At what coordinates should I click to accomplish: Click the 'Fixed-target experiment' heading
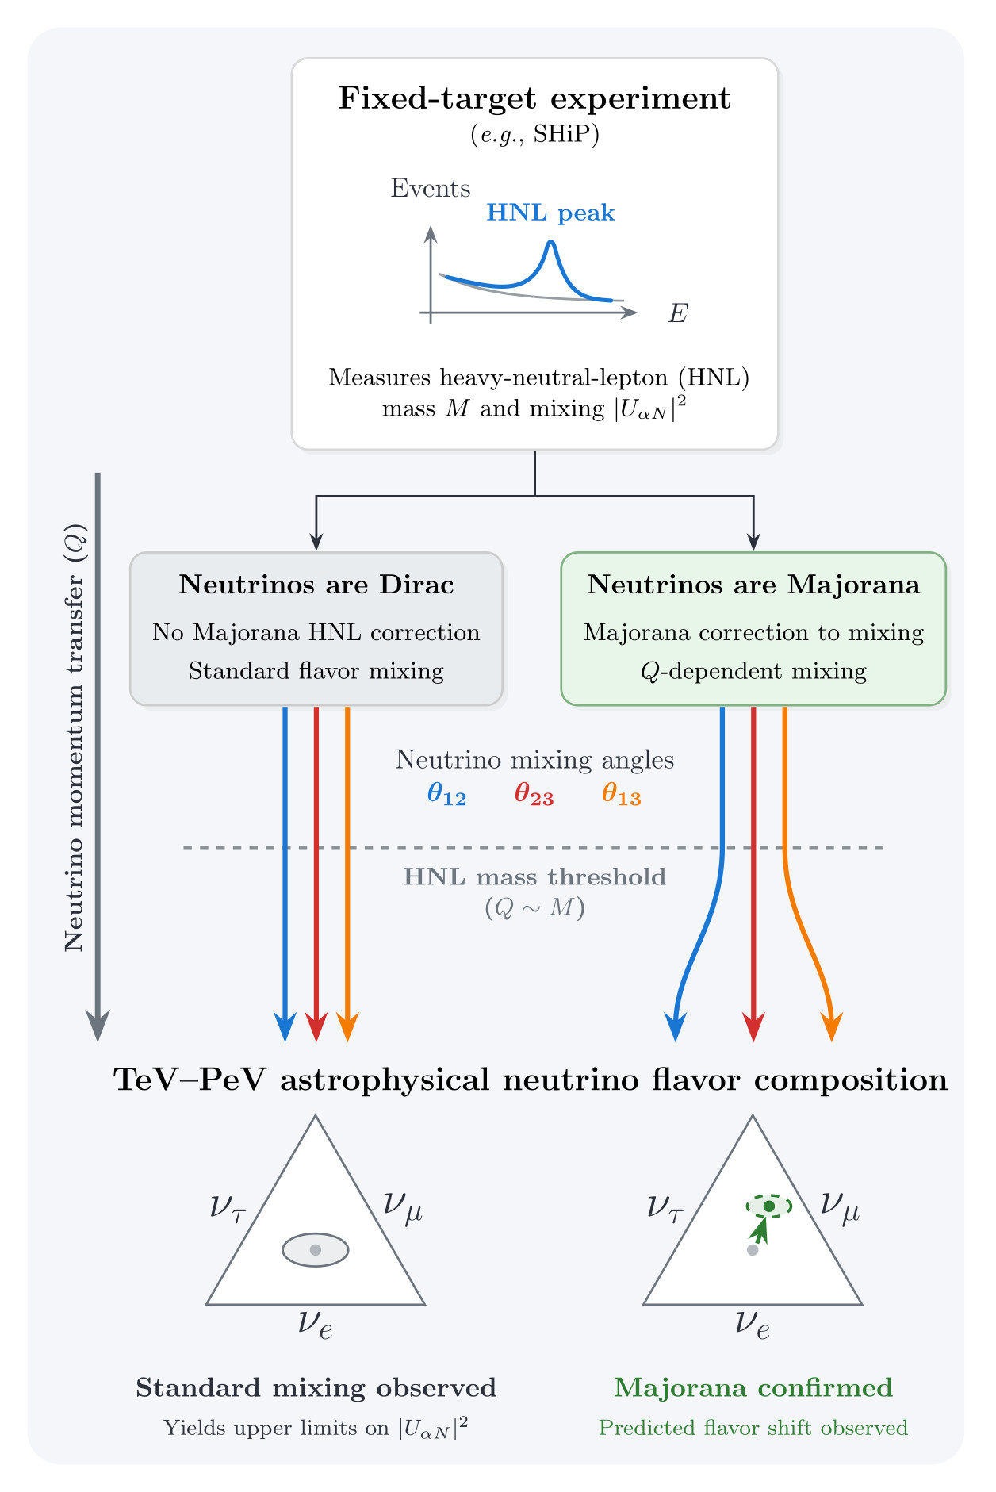click(534, 98)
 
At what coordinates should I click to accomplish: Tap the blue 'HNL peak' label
click(550, 213)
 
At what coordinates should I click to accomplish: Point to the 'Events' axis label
click(431, 188)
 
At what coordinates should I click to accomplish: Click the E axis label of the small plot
click(678, 313)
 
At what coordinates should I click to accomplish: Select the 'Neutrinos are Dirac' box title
click(316, 585)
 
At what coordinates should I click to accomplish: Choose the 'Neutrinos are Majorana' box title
click(753, 585)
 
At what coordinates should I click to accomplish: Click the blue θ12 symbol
click(446, 793)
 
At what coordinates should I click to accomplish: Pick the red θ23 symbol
click(534, 793)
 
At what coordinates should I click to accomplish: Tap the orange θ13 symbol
click(621, 793)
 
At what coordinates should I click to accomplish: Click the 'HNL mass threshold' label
click(534, 876)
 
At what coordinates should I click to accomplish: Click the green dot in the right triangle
click(768, 1206)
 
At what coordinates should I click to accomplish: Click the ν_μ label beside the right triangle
click(840, 1206)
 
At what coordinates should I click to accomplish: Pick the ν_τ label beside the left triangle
click(228, 1207)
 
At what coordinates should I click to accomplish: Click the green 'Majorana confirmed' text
click(753, 1387)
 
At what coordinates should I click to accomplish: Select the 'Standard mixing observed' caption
click(316, 1387)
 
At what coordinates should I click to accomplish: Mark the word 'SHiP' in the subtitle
click(563, 134)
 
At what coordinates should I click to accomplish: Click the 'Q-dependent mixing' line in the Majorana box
click(753, 672)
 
